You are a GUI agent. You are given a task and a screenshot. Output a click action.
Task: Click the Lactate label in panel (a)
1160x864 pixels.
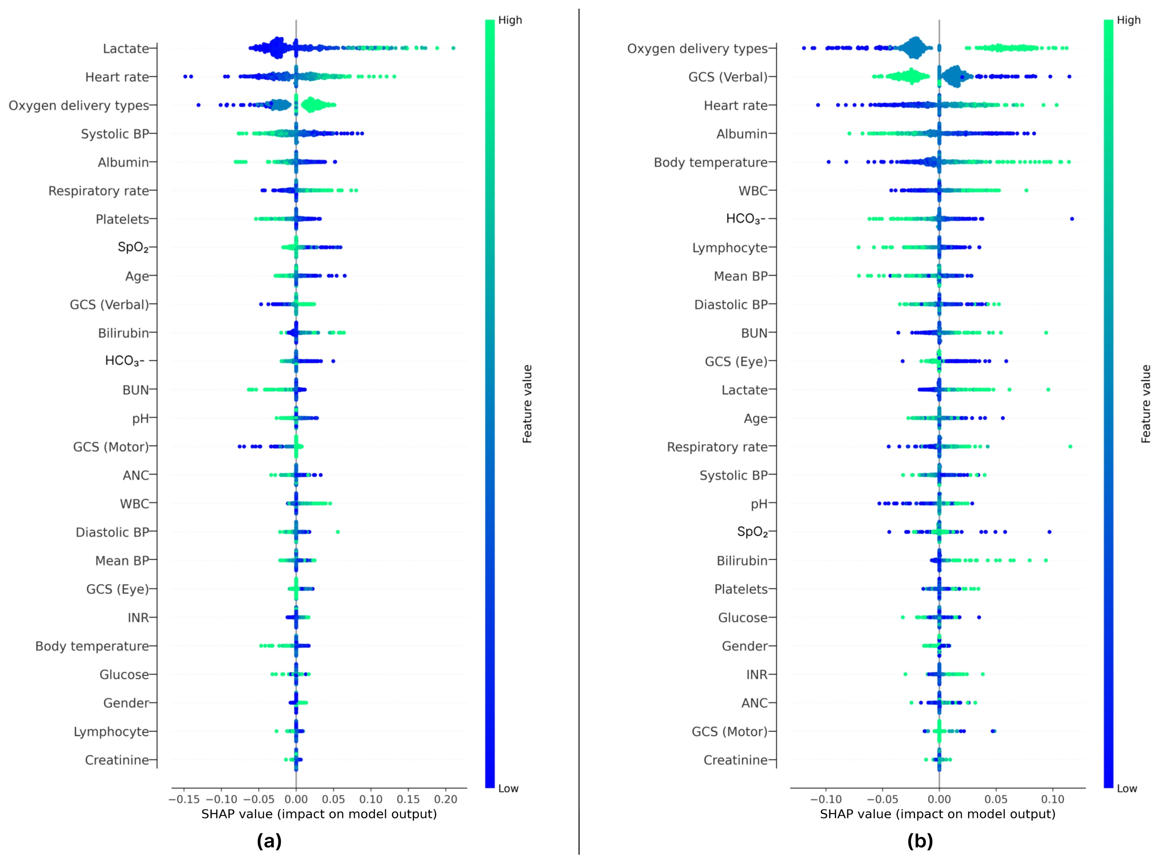tap(126, 49)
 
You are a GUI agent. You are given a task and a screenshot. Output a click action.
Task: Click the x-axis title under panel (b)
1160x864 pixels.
tap(937, 814)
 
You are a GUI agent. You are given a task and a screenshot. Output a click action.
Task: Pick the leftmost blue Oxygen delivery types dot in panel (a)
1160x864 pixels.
tap(198, 105)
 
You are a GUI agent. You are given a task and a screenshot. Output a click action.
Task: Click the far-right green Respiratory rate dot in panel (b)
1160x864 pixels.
tap(1070, 447)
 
